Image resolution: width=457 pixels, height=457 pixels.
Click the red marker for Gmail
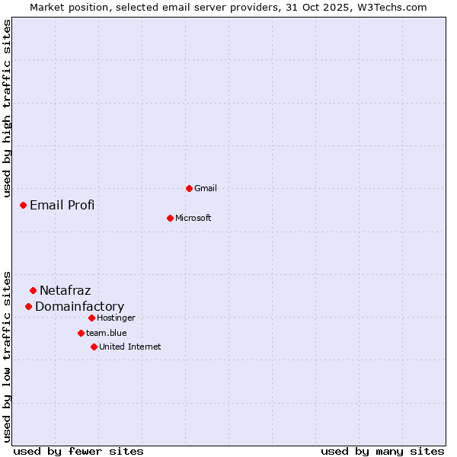point(189,188)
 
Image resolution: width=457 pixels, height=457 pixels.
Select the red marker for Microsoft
point(170,218)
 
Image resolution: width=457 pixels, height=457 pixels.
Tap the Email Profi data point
point(23,205)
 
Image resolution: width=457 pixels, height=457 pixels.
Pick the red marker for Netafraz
point(33,290)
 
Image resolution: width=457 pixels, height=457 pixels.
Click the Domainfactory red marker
point(28,306)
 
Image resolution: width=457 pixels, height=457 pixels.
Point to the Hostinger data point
point(91,318)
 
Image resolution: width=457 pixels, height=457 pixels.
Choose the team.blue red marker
point(81,333)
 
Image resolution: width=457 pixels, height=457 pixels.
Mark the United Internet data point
point(94,347)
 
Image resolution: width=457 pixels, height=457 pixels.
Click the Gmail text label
point(206,188)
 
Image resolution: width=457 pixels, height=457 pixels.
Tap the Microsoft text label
point(193,218)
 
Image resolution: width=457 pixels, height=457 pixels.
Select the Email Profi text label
point(62,205)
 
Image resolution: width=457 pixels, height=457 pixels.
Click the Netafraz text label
point(66,290)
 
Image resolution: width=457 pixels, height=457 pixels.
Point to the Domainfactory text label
point(80,306)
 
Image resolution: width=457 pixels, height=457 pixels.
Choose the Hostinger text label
point(117,318)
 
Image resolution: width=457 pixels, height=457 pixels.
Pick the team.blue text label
point(107,333)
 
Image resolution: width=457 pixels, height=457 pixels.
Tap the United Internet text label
point(130,347)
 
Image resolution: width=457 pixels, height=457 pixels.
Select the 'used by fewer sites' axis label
point(78,451)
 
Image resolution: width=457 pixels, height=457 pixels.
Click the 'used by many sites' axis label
point(382,451)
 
